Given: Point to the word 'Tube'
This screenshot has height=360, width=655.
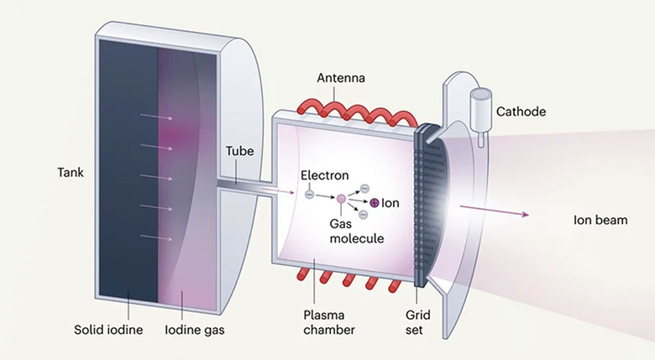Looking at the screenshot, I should pyautogui.click(x=237, y=153).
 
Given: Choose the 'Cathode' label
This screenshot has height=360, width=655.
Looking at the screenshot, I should pyautogui.click(x=521, y=111).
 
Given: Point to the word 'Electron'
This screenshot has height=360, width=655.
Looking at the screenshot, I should pyautogui.click(x=324, y=176).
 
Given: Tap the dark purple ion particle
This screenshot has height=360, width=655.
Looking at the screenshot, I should pyautogui.click(x=373, y=202).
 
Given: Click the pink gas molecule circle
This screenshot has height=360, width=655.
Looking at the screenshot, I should pyautogui.click(x=342, y=199).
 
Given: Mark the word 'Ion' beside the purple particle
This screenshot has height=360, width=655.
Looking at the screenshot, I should pyautogui.click(x=390, y=203).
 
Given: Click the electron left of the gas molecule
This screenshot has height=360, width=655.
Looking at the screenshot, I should pyautogui.click(x=310, y=196).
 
